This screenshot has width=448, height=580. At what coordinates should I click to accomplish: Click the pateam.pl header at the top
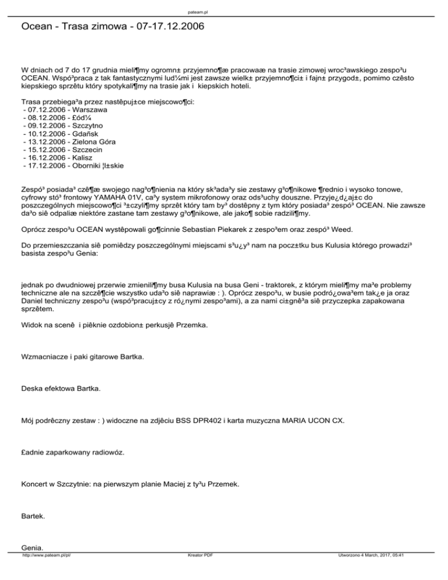[223, 9]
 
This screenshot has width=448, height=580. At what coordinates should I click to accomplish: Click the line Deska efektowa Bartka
[60, 388]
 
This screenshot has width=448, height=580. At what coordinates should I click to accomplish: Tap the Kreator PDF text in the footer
[197, 574]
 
